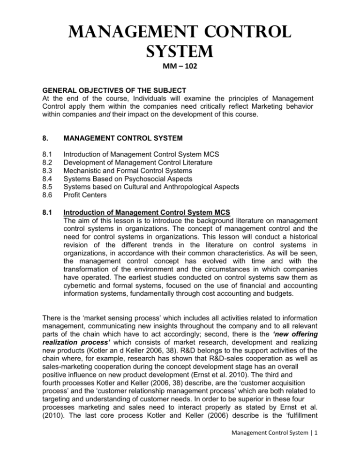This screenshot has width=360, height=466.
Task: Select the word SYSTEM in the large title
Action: tap(180, 47)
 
